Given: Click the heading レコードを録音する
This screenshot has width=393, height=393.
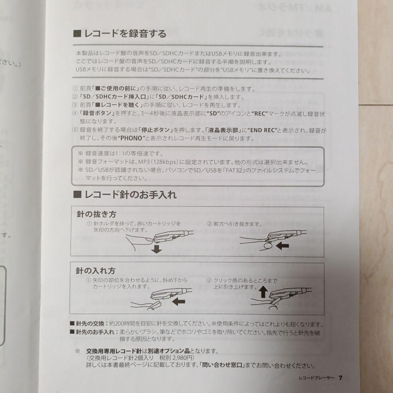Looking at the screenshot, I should click(125, 34).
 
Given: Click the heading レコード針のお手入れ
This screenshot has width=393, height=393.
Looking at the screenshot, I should click(130, 195).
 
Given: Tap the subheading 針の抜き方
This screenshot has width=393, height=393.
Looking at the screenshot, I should click(96, 215).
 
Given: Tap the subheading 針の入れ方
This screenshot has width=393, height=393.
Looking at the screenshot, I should click(96, 271).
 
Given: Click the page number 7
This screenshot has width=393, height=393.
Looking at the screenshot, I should click(340, 378).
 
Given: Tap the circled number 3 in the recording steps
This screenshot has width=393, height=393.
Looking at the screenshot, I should click(75, 105).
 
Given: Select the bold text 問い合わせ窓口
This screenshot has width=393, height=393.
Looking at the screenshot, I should click(223, 365).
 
